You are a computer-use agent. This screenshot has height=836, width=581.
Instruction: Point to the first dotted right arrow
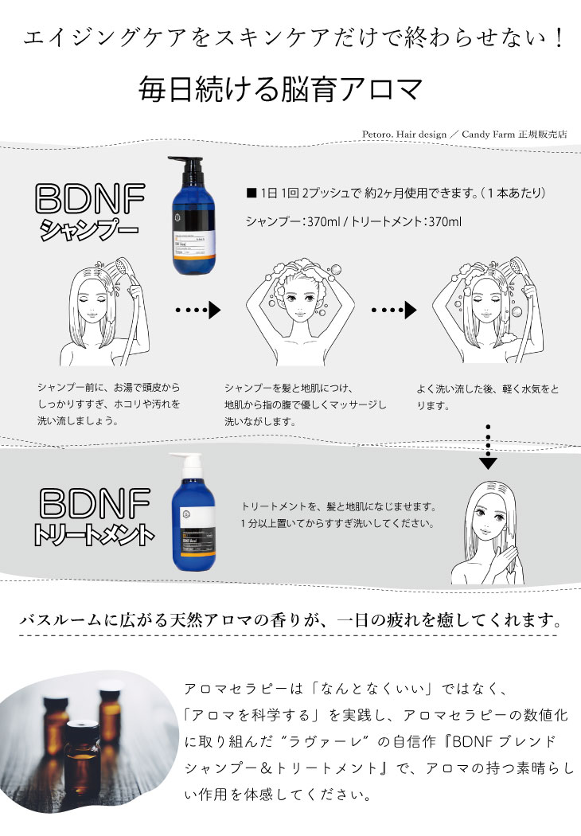pyautogui.click(x=197, y=310)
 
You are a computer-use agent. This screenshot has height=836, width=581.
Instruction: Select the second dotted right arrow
pyautogui.click(x=396, y=310)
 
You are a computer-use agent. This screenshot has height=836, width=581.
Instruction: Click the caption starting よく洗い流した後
pyautogui.click(x=487, y=397)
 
